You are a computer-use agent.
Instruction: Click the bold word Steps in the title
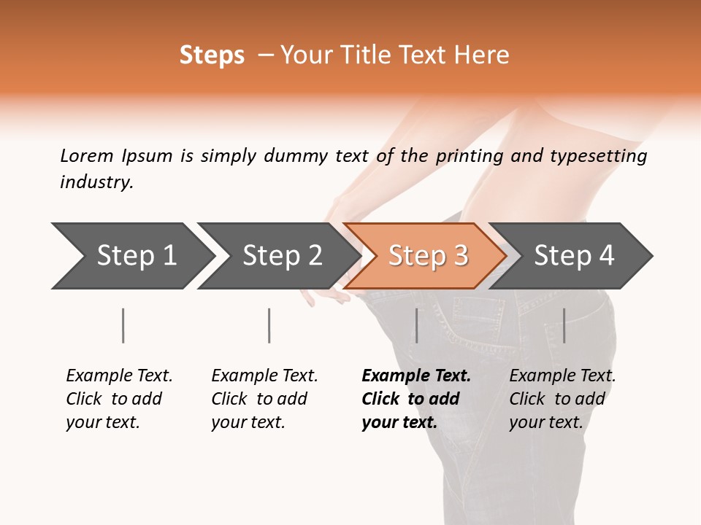click(x=212, y=55)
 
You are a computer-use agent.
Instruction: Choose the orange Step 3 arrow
click(x=427, y=256)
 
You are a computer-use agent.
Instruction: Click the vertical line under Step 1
click(x=123, y=325)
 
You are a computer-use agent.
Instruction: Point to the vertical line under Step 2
click(x=269, y=325)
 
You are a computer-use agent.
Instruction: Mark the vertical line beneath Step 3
click(x=416, y=325)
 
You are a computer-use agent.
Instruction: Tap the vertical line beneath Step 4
click(x=564, y=325)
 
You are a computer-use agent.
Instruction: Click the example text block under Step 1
click(x=119, y=399)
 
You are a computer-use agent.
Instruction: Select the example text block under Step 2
click(x=264, y=399)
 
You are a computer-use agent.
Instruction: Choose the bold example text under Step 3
click(x=415, y=399)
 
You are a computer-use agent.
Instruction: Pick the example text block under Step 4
click(x=562, y=399)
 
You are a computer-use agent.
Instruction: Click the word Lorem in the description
click(x=87, y=156)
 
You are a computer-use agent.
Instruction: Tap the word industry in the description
click(x=96, y=182)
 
